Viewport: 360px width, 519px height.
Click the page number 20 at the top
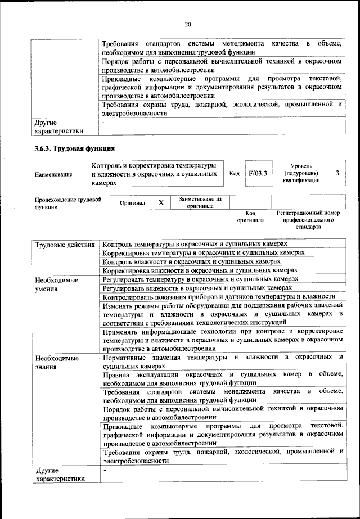pyautogui.click(x=188, y=24)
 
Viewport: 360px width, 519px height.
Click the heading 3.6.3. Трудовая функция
pyautogui.click(x=75, y=149)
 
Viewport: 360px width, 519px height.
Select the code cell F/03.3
pyautogui.click(x=257, y=174)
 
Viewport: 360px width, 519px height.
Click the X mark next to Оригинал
pyautogui.click(x=161, y=202)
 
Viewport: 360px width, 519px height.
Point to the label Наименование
pyautogui.click(x=53, y=174)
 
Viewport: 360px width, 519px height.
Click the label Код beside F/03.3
pyautogui.click(x=235, y=174)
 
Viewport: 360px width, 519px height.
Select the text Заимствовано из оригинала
pyautogui.click(x=200, y=202)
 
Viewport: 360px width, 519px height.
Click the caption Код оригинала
pyautogui.click(x=250, y=217)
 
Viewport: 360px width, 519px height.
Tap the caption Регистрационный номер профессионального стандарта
pyautogui.click(x=309, y=220)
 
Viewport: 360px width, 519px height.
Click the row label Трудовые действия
pyautogui.click(x=65, y=245)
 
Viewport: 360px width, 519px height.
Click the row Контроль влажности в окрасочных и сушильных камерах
pyautogui.click(x=191, y=261)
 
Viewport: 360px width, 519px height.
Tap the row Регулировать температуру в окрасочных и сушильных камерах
pyautogui.click(x=200, y=279)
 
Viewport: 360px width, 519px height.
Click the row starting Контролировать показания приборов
pyautogui.click(x=219, y=296)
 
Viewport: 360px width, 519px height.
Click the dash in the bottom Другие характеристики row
pyautogui.click(x=105, y=470)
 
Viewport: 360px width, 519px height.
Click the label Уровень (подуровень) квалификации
pyautogui.click(x=305, y=173)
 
